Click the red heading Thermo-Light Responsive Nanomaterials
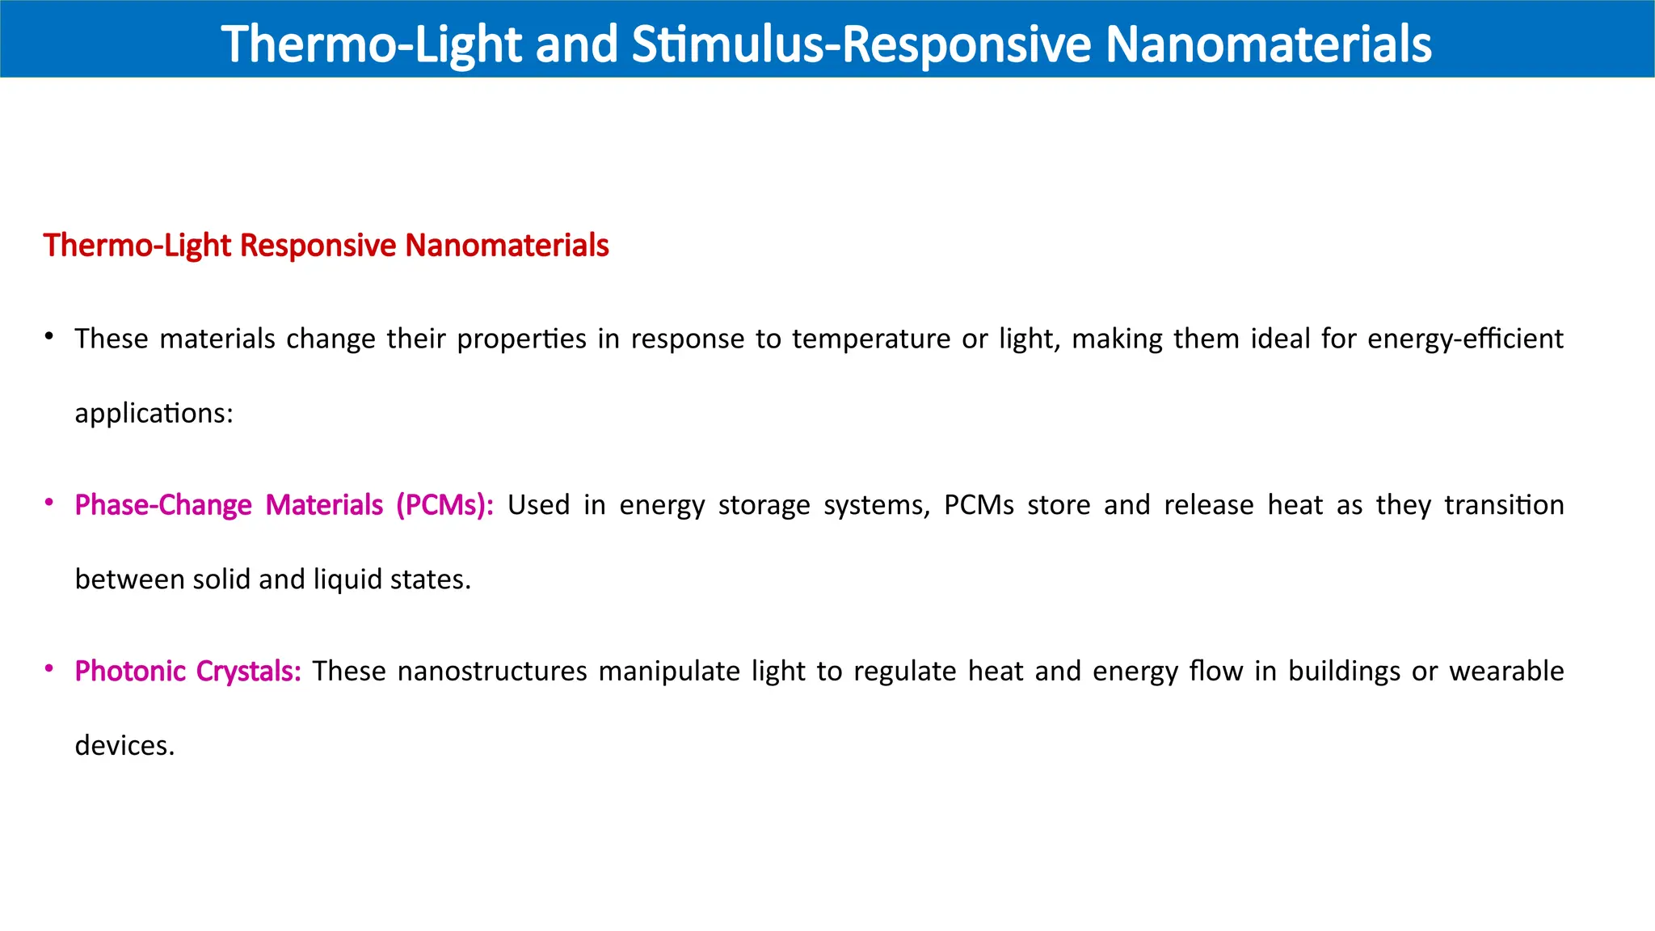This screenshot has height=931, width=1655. [326, 246]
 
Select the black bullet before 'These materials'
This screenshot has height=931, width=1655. [49, 335]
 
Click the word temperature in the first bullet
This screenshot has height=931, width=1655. [870, 339]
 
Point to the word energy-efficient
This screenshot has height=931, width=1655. [1465, 339]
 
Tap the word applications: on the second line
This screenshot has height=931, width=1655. [154, 414]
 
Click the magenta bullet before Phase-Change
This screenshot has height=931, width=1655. [49, 503]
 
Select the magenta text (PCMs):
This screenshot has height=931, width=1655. [444, 505]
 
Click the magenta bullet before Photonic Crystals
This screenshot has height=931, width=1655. [49, 669]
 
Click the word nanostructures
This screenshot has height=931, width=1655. [492, 672]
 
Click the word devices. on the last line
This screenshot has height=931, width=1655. [124, 745]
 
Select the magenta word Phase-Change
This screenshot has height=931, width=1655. [163, 505]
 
